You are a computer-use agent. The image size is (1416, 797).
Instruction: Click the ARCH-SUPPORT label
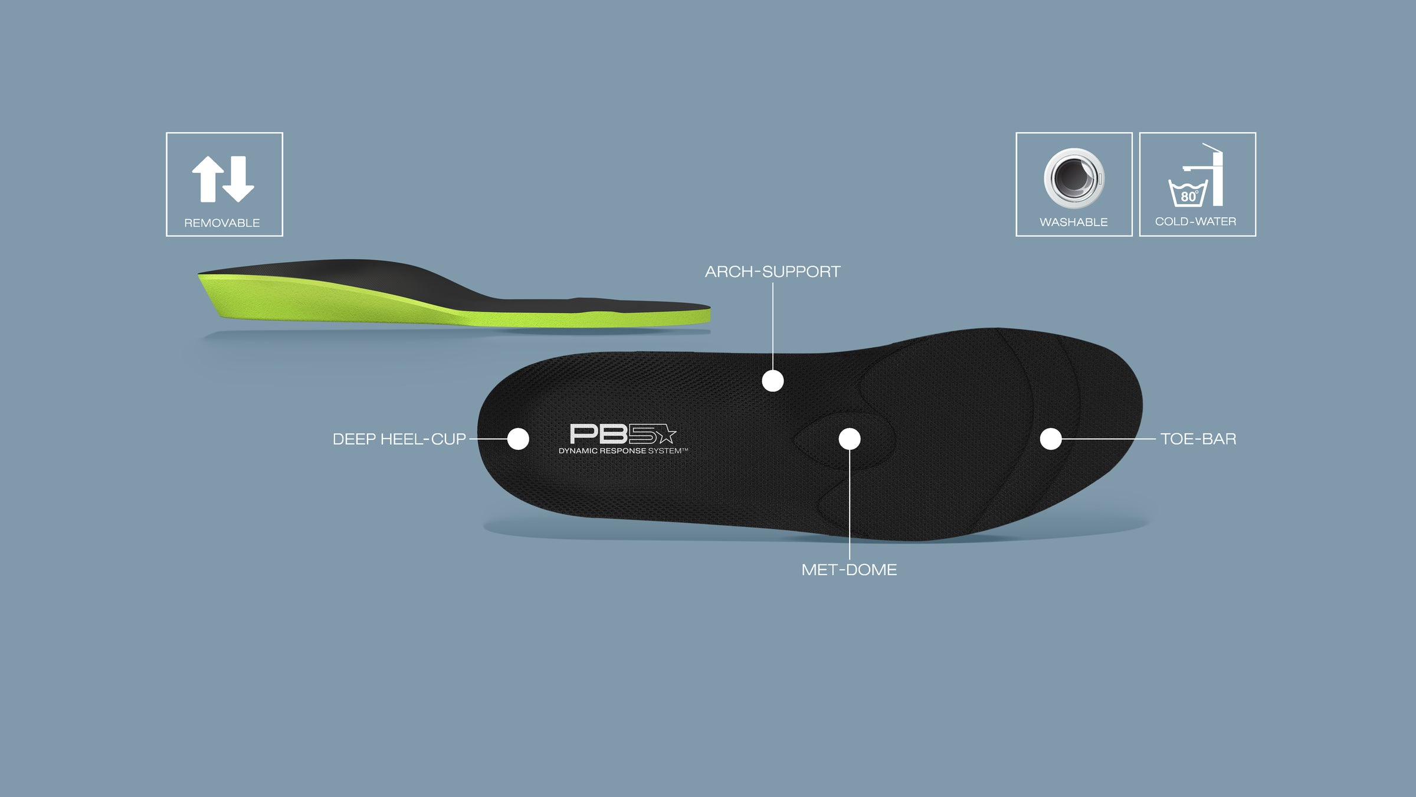pos(772,272)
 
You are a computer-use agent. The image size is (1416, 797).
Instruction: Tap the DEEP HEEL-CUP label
pos(399,439)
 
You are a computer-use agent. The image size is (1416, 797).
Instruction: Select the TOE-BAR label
pos(1198,439)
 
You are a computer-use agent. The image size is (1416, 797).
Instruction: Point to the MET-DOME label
pos(849,570)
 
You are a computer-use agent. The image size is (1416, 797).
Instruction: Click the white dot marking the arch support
pos(773,381)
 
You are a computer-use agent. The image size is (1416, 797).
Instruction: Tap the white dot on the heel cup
pos(518,439)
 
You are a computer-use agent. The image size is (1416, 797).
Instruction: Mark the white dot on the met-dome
pos(850,439)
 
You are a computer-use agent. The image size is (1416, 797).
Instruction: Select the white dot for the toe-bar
pos(1051,439)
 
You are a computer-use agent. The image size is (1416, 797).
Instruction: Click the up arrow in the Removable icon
pos(208,179)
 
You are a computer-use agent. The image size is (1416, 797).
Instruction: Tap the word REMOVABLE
pos(222,223)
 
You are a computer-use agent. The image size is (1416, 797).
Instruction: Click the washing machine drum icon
pos(1074,178)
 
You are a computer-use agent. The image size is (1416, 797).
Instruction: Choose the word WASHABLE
pos(1074,223)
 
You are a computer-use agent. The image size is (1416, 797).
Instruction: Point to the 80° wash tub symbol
pos(1188,192)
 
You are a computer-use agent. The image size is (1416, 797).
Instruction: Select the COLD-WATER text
pos(1196,221)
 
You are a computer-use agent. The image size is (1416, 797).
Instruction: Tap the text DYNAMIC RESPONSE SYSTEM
pos(623,451)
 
